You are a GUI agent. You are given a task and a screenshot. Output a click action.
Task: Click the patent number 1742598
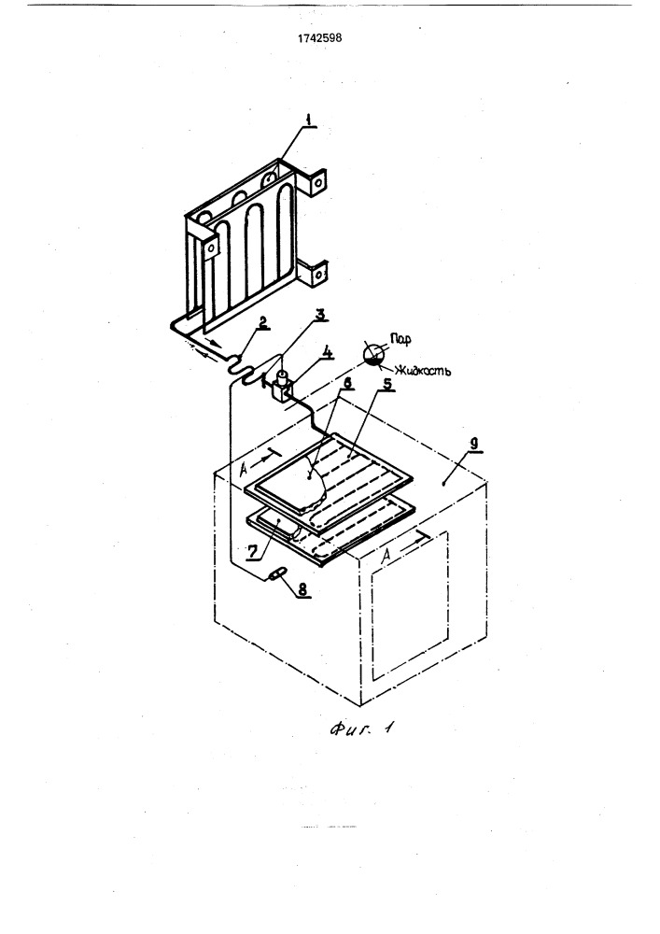[319, 38]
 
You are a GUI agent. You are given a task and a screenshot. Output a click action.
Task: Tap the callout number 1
[308, 120]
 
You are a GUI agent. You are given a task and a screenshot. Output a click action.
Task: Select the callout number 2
[262, 322]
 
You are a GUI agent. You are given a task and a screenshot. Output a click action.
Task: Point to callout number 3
[321, 316]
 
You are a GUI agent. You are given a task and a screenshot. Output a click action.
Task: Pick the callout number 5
[387, 384]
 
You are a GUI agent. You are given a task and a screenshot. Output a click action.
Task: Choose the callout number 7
[252, 551]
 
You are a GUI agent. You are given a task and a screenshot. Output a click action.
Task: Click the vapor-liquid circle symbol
[373, 354]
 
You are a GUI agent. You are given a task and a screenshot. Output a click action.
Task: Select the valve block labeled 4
[280, 390]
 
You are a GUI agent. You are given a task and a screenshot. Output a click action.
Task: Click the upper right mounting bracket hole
[319, 178]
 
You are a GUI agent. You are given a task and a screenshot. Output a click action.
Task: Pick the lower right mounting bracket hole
[319, 275]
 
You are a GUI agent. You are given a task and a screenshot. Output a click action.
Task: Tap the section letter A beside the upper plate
[244, 469]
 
